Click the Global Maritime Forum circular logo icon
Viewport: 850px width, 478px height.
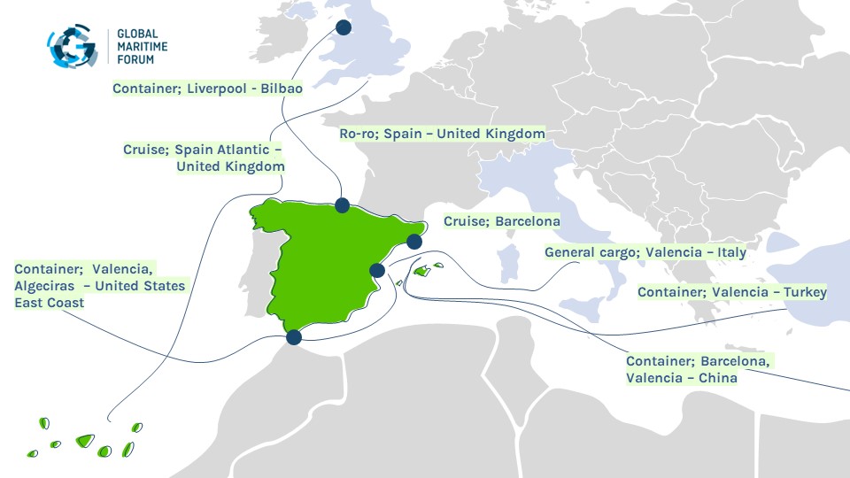73,46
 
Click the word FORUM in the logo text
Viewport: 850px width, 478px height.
135,59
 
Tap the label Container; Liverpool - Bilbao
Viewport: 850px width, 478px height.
207,89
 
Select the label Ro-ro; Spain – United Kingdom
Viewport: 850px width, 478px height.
443,134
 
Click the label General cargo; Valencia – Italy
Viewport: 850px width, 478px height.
645,252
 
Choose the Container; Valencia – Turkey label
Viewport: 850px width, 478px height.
732,292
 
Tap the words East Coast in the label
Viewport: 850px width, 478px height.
49,303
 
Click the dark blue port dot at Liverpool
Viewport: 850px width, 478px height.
343,27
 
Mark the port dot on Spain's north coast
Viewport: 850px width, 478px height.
342,205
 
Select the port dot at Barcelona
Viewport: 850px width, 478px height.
414,241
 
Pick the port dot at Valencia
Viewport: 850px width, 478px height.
376,270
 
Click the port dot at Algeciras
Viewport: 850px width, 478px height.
294,336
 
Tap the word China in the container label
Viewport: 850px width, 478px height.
718,378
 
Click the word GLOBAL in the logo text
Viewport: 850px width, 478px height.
137,34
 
